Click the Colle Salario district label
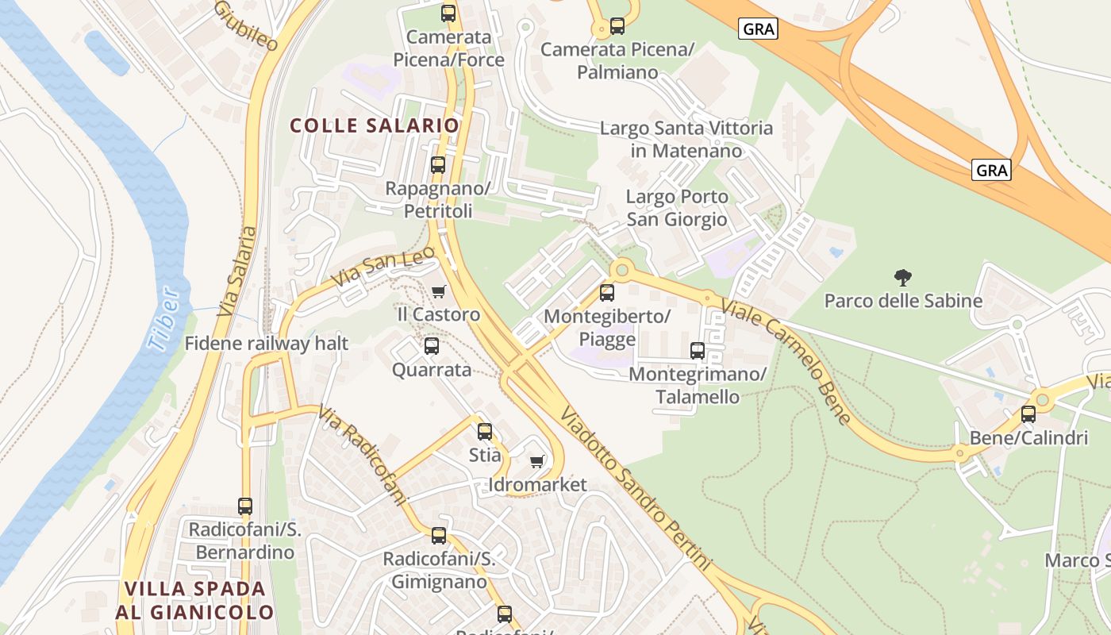point(375,125)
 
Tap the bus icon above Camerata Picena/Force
point(448,13)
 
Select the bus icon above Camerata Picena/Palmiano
point(617,26)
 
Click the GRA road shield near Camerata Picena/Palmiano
point(759,29)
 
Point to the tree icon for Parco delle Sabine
point(903,278)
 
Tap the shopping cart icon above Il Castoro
point(439,291)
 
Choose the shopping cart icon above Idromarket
point(537,461)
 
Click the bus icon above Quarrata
point(432,346)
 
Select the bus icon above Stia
point(485,432)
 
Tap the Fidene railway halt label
point(267,344)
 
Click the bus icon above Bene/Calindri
point(1028,414)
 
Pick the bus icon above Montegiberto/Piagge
point(607,293)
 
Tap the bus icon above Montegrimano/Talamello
point(698,350)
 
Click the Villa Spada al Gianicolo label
point(195,600)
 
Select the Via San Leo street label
point(384,266)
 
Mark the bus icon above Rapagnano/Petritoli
point(438,165)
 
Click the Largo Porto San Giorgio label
point(677,207)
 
